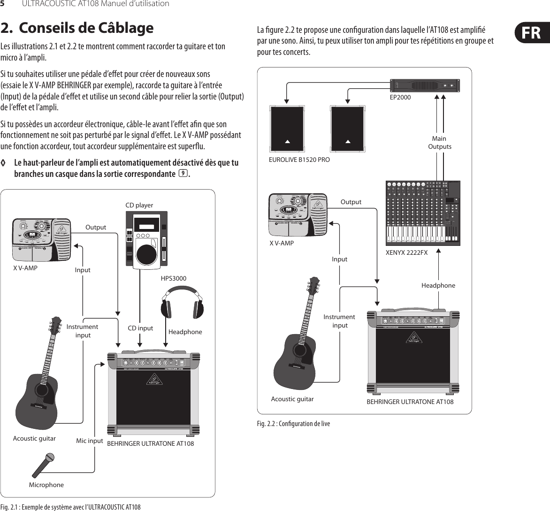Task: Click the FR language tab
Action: [x=529, y=33]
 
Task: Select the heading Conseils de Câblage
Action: [x=77, y=28]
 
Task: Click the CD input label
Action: [x=141, y=328]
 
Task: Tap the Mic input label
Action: [x=89, y=441]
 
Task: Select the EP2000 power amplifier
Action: [x=425, y=86]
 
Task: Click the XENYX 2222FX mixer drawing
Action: [x=422, y=213]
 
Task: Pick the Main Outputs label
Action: [x=439, y=142]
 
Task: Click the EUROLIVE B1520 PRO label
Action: [x=299, y=160]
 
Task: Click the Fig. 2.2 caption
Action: [x=293, y=424]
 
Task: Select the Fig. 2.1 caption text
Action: [x=70, y=507]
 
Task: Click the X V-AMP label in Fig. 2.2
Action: [x=282, y=243]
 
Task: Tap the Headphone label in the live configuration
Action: [x=438, y=285]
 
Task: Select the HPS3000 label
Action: [x=174, y=278]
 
